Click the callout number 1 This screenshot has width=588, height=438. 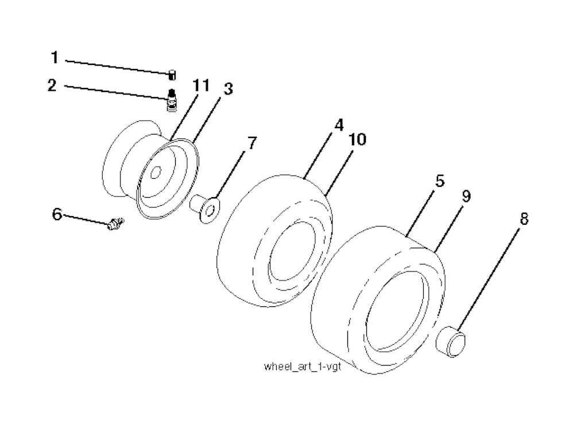point(55,58)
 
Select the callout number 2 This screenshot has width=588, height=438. point(52,86)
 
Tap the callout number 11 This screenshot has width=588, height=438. point(201,86)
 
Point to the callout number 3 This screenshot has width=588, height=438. point(228,89)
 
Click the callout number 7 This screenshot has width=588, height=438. point(252,143)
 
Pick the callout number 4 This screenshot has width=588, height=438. point(339,125)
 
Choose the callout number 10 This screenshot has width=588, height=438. point(357,140)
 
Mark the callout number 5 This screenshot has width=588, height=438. point(440,181)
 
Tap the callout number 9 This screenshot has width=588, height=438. point(466,196)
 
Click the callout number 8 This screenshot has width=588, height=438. point(524,218)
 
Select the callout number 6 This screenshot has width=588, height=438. point(57,214)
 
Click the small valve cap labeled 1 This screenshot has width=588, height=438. point(172,75)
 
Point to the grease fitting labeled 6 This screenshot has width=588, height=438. point(115,224)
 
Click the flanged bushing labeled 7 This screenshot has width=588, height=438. point(205,208)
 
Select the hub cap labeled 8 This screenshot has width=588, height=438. point(451,342)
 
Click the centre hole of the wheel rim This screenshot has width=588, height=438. point(155,172)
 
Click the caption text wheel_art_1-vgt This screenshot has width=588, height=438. point(303,366)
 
